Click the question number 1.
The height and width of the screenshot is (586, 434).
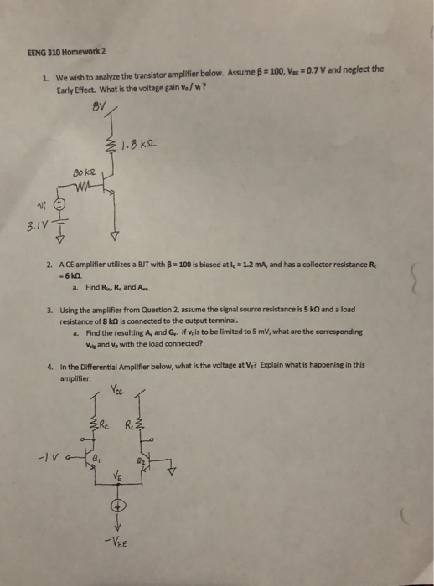tap(45, 76)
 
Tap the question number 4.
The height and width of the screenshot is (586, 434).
tap(50, 367)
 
